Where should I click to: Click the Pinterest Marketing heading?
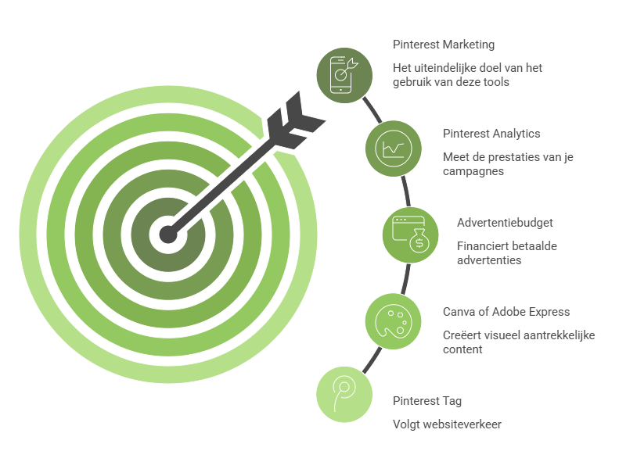coord(444,45)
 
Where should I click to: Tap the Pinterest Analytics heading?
coord(491,134)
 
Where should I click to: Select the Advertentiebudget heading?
coord(505,223)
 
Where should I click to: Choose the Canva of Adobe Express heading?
coord(506,312)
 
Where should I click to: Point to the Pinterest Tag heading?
coord(427,401)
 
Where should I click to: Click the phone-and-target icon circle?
coord(344,75)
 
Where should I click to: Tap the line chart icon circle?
coord(393,149)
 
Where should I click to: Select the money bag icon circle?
coord(411,235)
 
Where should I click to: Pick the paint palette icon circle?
coord(393,321)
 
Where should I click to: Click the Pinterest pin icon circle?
coord(344,395)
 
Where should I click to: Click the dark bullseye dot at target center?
coord(168,234)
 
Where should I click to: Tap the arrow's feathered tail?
coord(295,120)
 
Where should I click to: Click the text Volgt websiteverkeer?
coord(447,424)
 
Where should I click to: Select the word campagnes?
coord(473,172)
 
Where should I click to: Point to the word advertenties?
coord(489,260)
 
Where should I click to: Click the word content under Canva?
coord(462,349)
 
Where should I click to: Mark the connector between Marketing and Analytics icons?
coord(372,110)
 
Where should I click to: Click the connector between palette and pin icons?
coord(372,360)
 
